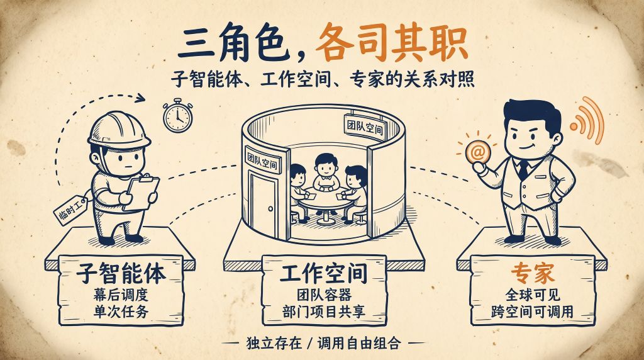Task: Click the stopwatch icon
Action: tap(178, 116)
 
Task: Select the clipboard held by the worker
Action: tap(142, 192)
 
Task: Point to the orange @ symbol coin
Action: tap(478, 152)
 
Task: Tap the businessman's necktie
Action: tap(523, 170)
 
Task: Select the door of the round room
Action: tap(264, 205)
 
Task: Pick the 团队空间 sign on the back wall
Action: tap(365, 126)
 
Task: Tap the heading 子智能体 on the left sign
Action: tap(121, 273)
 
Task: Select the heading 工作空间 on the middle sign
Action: tap(324, 273)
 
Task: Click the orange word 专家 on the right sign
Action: tap(533, 273)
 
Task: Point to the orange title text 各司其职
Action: tap(392, 43)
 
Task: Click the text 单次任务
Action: tap(121, 312)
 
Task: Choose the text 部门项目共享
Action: tap(324, 311)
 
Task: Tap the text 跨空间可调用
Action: tap(532, 311)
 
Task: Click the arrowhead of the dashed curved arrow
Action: tap(140, 98)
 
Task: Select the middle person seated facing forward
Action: tap(326, 172)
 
